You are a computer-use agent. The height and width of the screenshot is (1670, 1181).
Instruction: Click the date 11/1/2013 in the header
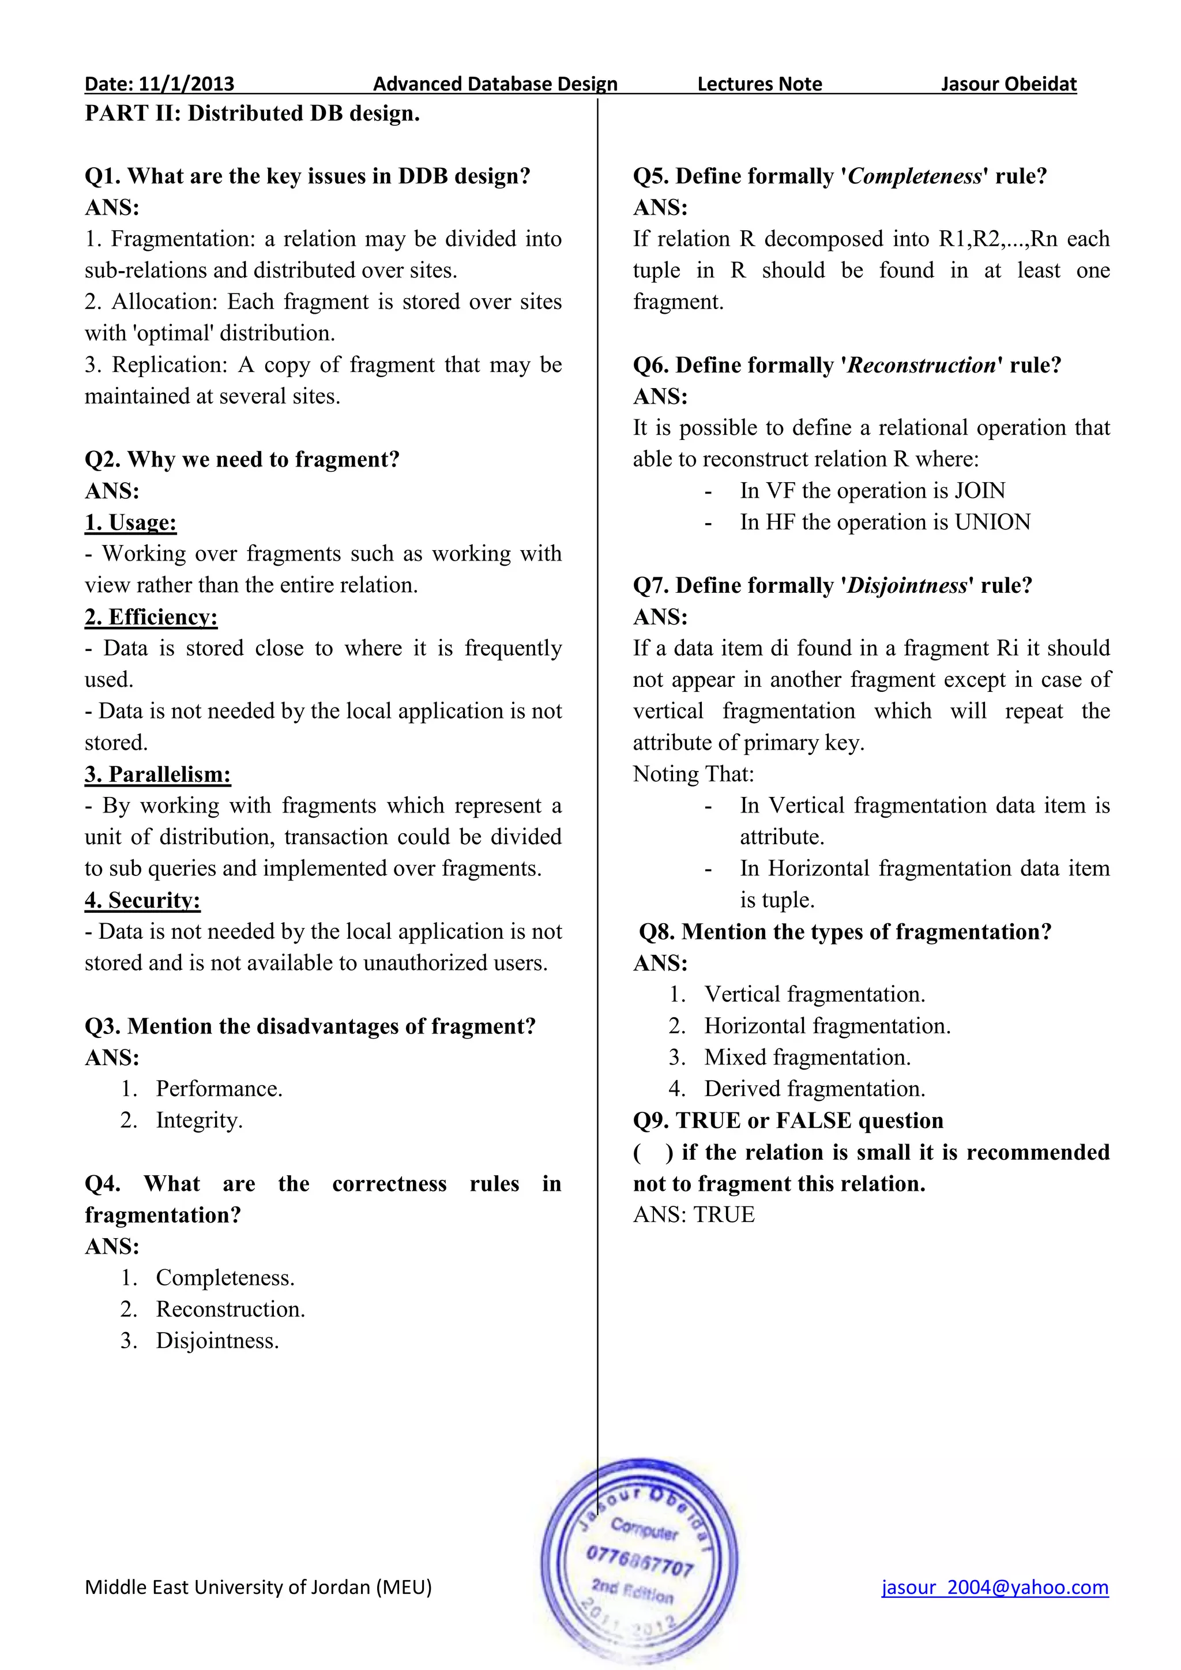pyautogui.click(x=186, y=84)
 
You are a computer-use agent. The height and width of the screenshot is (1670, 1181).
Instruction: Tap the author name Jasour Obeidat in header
pyautogui.click(x=1008, y=84)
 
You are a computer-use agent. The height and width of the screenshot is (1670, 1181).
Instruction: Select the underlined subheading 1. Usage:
pyautogui.click(x=131, y=522)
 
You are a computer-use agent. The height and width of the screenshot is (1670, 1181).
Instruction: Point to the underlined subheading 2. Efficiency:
pyautogui.click(x=151, y=617)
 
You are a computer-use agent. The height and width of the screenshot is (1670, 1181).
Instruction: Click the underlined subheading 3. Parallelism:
pyautogui.click(x=158, y=774)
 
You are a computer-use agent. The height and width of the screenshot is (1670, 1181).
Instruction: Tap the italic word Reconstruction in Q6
pyautogui.click(x=922, y=365)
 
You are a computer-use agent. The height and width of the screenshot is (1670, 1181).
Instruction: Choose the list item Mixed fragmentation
pyautogui.click(x=807, y=1058)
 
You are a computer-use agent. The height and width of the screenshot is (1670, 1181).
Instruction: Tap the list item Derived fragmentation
pyautogui.click(x=814, y=1089)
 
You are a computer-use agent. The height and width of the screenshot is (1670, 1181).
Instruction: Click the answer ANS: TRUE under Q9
pyautogui.click(x=694, y=1214)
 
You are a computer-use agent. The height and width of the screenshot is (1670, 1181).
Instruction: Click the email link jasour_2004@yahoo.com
pyautogui.click(x=994, y=1587)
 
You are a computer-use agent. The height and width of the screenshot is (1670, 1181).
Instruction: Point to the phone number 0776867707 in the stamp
pyautogui.click(x=640, y=1562)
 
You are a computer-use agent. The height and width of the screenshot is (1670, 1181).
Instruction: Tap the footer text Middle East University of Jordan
pyautogui.click(x=258, y=1587)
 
